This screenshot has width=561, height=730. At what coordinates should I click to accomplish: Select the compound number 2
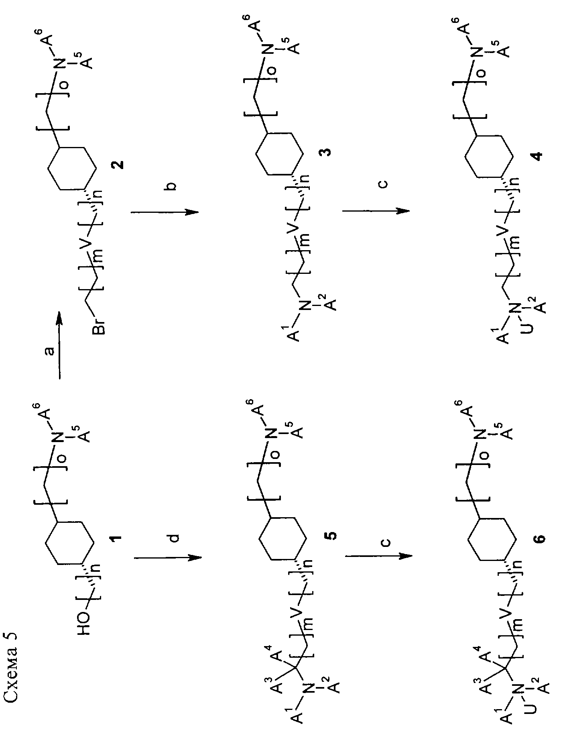click(119, 164)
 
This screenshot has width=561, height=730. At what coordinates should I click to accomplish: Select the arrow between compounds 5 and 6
click(378, 556)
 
